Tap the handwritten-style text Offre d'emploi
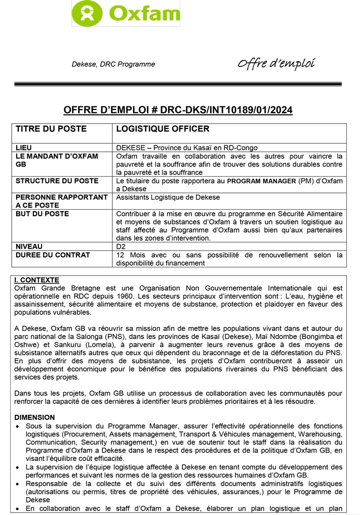[x=276, y=64]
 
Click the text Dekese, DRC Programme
[x=113, y=64]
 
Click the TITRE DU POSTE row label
[x=51, y=129]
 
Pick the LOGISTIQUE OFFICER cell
[x=163, y=129]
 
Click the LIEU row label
[x=24, y=147]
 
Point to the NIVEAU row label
[x=29, y=247]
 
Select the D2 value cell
[x=121, y=247]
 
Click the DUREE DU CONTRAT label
[x=53, y=255]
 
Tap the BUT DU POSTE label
[x=43, y=214]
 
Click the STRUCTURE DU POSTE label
[x=57, y=181]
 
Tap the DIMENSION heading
[x=34, y=417]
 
